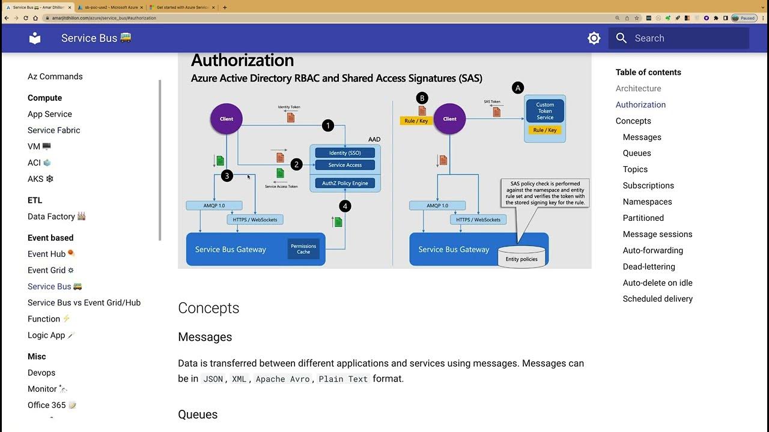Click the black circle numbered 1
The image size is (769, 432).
(x=327, y=125)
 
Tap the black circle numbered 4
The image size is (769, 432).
(x=344, y=206)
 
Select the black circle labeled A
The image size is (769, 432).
(x=517, y=88)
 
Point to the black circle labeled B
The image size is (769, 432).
(x=422, y=98)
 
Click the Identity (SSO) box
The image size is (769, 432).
(x=345, y=153)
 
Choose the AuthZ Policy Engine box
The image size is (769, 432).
(x=345, y=183)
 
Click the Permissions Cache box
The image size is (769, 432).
(x=303, y=249)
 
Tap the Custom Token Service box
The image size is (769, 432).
(x=545, y=111)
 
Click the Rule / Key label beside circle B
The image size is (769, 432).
(x=416, y=121)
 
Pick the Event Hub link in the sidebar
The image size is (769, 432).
(x=46, y=254)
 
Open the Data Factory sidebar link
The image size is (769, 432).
(x=51, y=217)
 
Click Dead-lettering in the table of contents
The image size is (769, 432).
(x=649, y=266)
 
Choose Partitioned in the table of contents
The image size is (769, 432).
(x=643, y=218)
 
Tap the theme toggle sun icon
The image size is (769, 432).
(x=594, y=38)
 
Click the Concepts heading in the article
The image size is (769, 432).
(x=208, y=308)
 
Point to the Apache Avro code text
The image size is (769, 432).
(x=282, y=379)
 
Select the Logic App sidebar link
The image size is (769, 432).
(x=46, y=335)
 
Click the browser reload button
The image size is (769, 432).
(x=26, y=18)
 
